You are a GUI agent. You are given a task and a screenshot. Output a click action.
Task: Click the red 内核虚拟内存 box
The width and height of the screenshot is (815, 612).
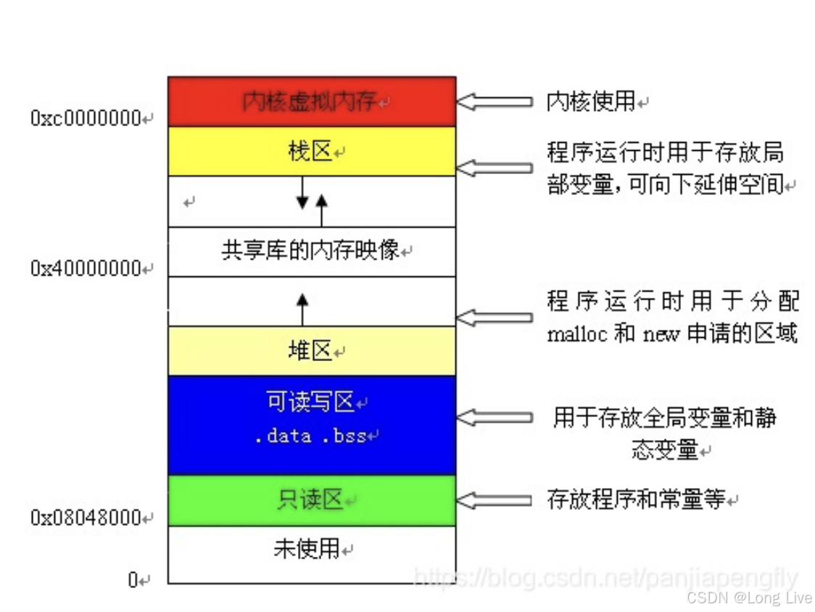[312, 102]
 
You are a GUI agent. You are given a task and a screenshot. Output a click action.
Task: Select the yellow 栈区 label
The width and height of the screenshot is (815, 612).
[310, 152]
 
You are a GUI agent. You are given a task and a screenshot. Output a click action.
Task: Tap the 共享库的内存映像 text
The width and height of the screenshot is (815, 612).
[310, 251]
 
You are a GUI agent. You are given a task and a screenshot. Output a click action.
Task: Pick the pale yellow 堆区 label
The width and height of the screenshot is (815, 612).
[310, 352]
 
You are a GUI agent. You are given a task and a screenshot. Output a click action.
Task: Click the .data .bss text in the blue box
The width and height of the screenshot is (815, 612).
[314, 437]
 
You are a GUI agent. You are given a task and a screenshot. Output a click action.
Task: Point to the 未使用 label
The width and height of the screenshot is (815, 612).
[307, 549]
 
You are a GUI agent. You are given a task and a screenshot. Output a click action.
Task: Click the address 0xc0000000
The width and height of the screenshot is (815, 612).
[86, 119]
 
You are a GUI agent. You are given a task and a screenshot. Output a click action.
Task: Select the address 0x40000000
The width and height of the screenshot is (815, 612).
[86, 269]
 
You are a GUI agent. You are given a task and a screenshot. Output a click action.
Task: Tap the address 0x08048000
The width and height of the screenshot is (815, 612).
[86, 518]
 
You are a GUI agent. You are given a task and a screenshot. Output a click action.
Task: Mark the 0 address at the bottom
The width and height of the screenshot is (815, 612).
[133, 580]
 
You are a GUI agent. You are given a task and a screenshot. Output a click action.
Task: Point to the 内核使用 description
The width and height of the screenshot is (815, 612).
[591, 102]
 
